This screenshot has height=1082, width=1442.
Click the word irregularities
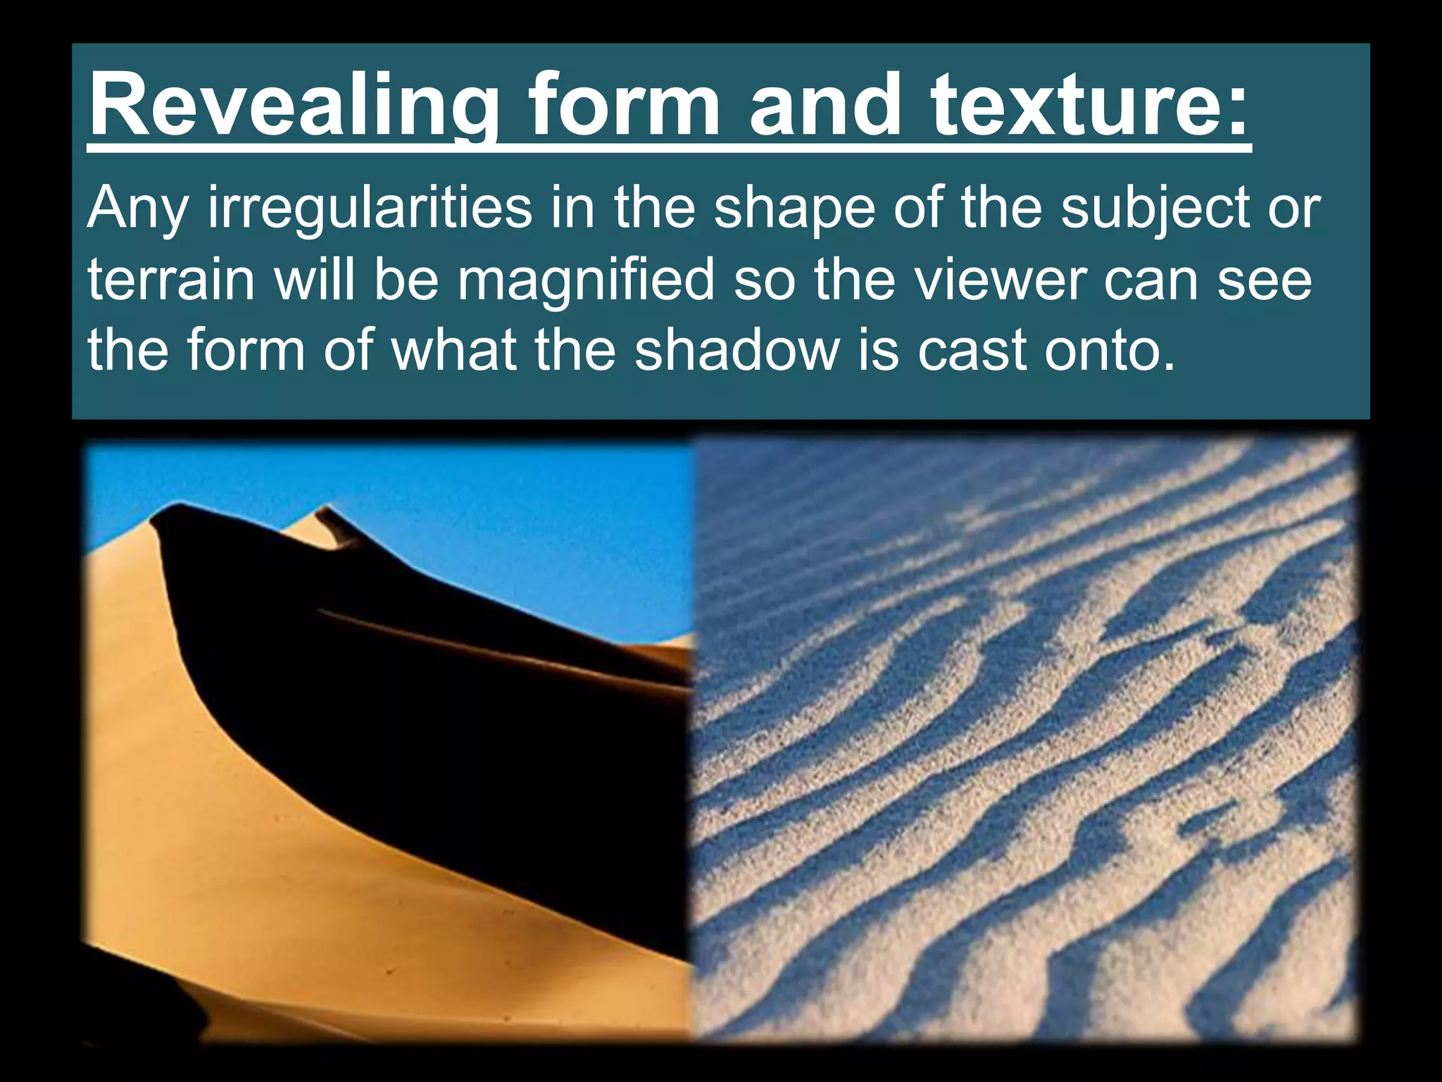369,209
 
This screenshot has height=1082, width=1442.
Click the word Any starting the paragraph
137,210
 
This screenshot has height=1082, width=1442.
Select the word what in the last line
453,349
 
